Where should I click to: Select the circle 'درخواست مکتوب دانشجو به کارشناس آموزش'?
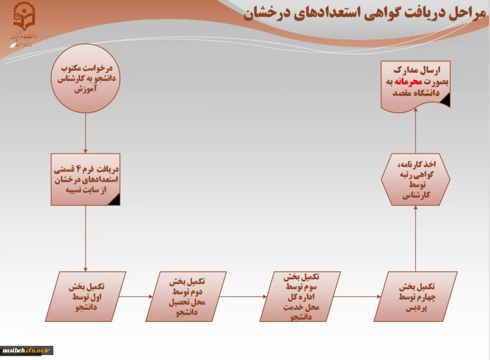pos(85,78)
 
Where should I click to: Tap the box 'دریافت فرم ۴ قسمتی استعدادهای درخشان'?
pos(85,179)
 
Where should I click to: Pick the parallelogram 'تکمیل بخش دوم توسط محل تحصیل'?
pos(187,296)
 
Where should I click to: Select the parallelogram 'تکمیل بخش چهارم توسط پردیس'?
pos(414,296)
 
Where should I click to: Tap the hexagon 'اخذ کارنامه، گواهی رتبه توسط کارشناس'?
pos(415,179)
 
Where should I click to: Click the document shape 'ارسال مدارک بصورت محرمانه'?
pos(415,83)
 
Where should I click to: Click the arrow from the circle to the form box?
pos(85,133)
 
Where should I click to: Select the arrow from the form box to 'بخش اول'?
pos(85,238)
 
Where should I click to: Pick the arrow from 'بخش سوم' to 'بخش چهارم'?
pos(357,296)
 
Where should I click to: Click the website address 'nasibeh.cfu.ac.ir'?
pos(27,350)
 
